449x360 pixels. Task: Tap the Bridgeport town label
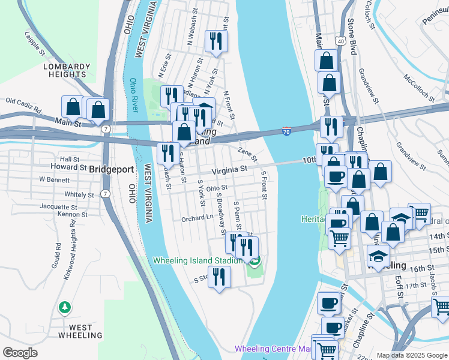pos(112,169)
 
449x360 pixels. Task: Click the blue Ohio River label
pos(134,95)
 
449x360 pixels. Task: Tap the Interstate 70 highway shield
pos(286,131)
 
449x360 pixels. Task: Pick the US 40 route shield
pos(340,41)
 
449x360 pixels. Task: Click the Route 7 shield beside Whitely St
pos(105,193)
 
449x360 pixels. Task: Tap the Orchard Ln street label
pos(197,219)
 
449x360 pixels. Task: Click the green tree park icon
pos(64,307)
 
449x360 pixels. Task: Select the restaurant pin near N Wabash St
pos(215,41)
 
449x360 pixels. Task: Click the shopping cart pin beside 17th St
pos(441,307)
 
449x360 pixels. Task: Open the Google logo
pos(19,353)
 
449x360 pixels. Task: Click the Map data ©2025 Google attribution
pos(412,355)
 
